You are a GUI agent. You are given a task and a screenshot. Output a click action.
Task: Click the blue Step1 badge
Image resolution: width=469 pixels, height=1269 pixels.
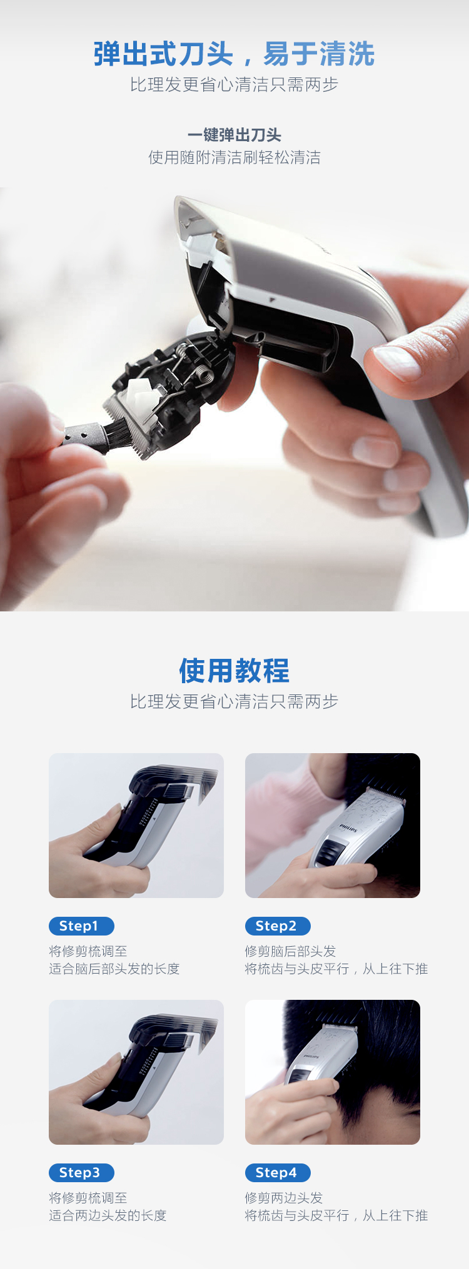(81, 926)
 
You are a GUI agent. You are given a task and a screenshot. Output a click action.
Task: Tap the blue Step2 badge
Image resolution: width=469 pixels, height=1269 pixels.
(278, 926)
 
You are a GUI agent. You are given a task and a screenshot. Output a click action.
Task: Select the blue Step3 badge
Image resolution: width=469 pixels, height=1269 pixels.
(81, 1172)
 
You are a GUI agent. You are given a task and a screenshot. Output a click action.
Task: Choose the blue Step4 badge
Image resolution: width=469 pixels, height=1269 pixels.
(278, 1172)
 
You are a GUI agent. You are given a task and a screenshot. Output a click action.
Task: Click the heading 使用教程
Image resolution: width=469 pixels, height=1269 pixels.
(234, 671)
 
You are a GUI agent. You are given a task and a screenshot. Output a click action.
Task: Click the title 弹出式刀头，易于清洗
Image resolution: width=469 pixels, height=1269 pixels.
(234, 54)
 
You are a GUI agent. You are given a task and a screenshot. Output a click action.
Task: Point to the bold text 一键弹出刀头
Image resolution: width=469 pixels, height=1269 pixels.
(234, 135)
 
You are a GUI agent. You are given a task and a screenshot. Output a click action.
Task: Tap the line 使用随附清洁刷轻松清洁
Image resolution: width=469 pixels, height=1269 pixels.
(234, 157)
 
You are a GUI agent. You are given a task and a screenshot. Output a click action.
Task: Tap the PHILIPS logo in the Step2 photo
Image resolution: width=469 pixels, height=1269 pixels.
(348, 828)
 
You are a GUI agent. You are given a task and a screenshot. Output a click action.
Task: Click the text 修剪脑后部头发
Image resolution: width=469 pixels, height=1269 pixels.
(291, 951)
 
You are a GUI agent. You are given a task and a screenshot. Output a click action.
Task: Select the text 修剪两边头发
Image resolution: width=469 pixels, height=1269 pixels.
(284, 1198)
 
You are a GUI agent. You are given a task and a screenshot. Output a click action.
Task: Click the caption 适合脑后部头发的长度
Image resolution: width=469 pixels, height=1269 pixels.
(114, 969)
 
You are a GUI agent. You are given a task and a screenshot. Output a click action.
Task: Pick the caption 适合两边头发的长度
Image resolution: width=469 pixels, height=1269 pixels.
(108, 1215)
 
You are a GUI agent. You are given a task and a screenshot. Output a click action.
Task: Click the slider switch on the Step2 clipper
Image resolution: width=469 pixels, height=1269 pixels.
(330, 852)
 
